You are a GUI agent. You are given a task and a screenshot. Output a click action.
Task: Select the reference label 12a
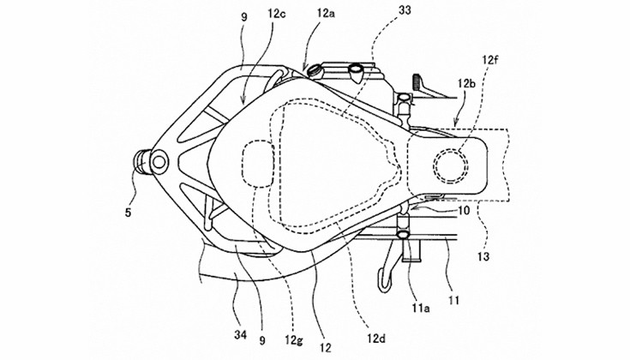(x=326, y=14)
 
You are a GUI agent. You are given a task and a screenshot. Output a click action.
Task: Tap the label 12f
(x=491, y=61)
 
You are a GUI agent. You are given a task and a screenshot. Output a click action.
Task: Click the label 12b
(x=466, y=84)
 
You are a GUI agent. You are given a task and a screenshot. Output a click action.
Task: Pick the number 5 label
(x=128, y=213)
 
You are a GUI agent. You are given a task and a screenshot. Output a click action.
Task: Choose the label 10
(x=463, y=211)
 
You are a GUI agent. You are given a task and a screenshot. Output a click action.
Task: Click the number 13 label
(x=483, y=256)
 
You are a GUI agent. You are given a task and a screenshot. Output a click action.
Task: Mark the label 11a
(x=420, y=309)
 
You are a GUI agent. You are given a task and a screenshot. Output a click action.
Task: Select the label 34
(x=241, y=334)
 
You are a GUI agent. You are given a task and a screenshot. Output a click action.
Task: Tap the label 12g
(x=294, y=341)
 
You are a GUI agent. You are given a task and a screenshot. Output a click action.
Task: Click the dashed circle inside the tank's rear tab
(x=450, y=165)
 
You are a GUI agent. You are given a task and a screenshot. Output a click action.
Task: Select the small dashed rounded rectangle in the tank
(x=258, y=164)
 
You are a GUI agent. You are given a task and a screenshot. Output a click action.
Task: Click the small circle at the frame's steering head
(x=159, y=162)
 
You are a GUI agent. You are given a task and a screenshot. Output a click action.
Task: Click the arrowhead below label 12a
(x=306, y=70)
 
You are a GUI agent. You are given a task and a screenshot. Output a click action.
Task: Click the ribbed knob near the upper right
(x=417, y=83)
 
